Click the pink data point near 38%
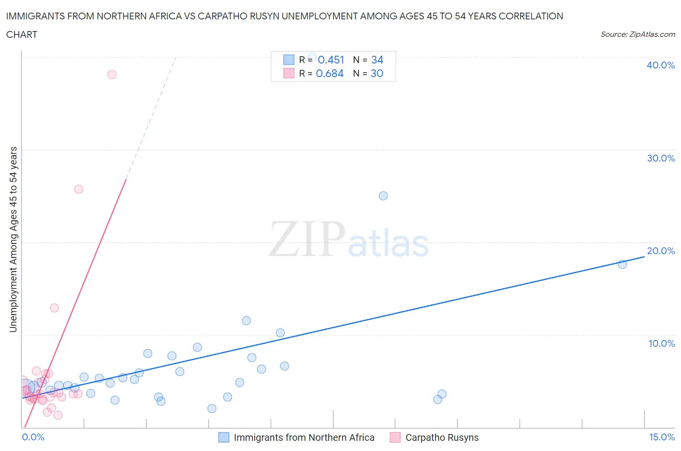112,74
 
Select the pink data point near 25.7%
78,189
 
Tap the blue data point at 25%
383,196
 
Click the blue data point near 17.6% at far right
622,264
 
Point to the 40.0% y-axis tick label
661,65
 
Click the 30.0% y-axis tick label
661,158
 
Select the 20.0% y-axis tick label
661,251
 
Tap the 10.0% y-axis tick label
661,343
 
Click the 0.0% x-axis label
33,437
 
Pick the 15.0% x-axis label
662,437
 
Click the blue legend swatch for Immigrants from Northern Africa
224,437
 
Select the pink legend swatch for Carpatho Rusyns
395,437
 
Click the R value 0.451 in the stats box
331,60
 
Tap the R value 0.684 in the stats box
330,73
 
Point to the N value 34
377,60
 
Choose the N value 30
377,73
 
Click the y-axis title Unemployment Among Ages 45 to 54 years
13,239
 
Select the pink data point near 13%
54,308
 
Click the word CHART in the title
22,34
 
